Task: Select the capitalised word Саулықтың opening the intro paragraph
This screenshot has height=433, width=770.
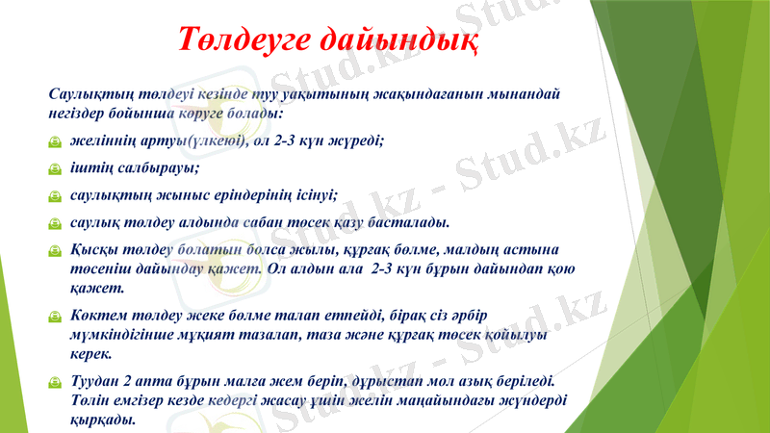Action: pyautogui.click(x=88, y=94)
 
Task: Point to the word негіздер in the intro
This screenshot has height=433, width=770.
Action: pyautogui.click(x=79, y=113)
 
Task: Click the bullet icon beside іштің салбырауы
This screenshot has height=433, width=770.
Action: pyautogui.click(x=56, y=169)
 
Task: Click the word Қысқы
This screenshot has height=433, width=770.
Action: pyautogui.click(x=93, y=250)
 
